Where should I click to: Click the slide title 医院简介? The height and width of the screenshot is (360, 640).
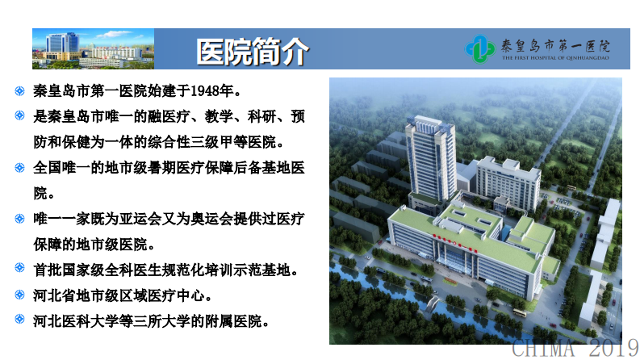(x=252, y=51)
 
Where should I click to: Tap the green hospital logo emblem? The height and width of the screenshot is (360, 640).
(x=482, y=49)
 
